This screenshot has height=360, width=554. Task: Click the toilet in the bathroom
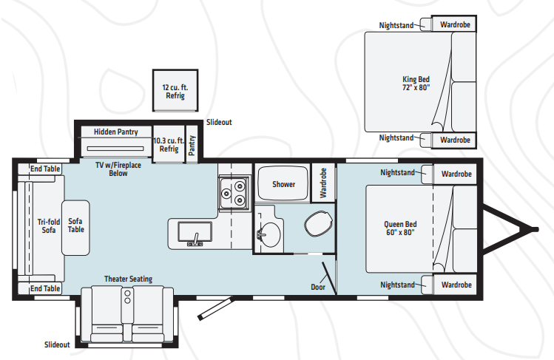click(x=318, y=224)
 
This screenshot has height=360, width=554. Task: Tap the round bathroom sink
click(x=269, y=234)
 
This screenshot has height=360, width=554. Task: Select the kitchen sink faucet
click(x=195, y=240)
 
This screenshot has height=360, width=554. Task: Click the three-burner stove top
click(x=233, y=194)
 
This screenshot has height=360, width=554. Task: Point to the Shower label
click(x=283, y=184)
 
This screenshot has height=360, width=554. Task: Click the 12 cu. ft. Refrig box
click(x=175, y=91)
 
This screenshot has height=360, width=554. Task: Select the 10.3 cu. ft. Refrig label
click(x=169, y=145)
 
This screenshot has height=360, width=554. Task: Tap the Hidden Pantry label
click(x=116, y=132)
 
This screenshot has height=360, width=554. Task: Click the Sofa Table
click(x=75, y=228)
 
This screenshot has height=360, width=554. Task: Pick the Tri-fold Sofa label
click(x=49, y=226)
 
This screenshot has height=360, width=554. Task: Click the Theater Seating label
click(x=128, y=279)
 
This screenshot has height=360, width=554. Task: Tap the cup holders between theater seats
click(x=127, y=296)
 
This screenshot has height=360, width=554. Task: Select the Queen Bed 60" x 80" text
click(x=400, y=228)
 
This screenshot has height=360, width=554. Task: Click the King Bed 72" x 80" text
click(x=416, y=84)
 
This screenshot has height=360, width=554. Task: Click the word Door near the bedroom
click(x=318, y=287)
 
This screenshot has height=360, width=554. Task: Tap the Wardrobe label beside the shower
click(x=323, y=183)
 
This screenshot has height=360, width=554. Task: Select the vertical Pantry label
click(x=192, y=146)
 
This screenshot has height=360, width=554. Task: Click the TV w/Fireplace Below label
click(x=118, y=169)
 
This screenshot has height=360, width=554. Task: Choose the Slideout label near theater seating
click(x=57, y=344)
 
